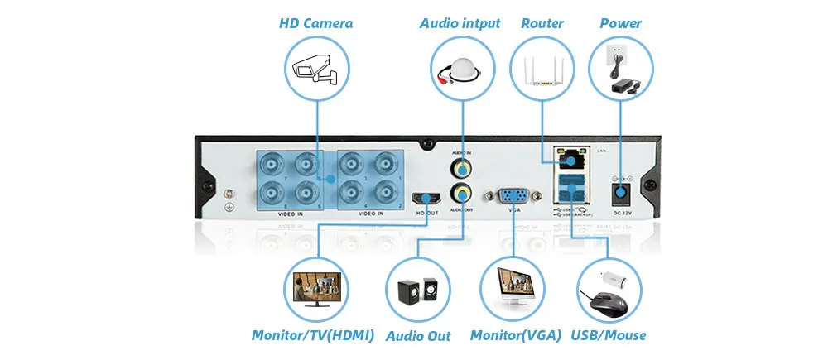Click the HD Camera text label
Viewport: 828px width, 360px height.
coord(315,23)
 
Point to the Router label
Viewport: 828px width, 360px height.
coord(542,23)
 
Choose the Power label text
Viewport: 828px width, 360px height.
coord(620,23)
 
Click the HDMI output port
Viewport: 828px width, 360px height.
coord(427,198)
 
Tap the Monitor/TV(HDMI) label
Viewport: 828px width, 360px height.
coord(313,335)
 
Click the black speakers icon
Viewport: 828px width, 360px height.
coord(417,291)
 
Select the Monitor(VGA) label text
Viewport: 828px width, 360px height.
coord(516,335)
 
